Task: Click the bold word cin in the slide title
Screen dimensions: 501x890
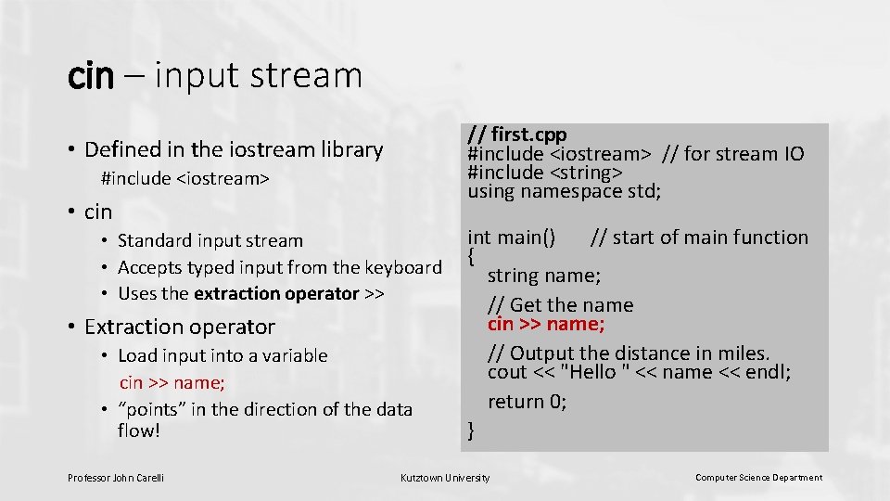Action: (90, 76)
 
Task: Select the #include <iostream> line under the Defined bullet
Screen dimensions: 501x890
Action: (185, 178)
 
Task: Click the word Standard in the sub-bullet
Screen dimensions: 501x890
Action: (151, 240)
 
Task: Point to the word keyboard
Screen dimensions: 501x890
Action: (405, 267)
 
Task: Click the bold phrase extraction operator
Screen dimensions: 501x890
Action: (276, 293)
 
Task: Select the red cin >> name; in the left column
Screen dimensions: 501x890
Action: (172, 382)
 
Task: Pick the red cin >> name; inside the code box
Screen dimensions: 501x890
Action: (546, 324)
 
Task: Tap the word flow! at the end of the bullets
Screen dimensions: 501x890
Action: (139, 430)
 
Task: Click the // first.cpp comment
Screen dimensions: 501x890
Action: (516, 135)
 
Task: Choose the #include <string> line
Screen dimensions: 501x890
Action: (545, 173)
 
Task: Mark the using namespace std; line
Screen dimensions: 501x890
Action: (565, 192)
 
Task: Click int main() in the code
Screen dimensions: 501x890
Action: (512, 238)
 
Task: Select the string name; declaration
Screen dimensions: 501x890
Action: (544, 276)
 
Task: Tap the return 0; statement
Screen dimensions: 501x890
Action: (528, 402)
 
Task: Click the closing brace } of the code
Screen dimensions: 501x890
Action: (472, 430)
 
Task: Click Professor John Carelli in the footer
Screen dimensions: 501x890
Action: (116, 478)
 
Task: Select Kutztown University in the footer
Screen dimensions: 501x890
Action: (445, 478)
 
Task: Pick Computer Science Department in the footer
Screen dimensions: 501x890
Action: (758, 478)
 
